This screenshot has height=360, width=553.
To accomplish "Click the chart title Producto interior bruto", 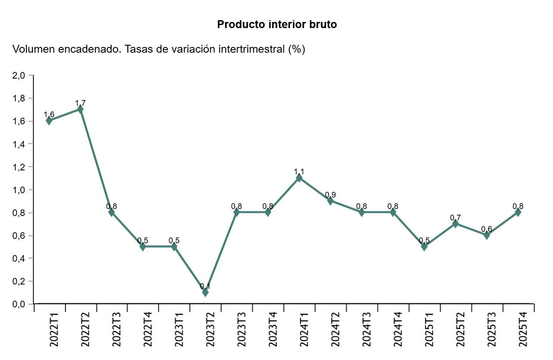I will [x=277, y=25].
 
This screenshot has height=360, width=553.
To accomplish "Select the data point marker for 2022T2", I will [x=80, y=109].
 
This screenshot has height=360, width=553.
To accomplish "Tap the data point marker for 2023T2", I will [x=205, y=292].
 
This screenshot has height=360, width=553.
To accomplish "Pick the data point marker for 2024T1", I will [x=299, y=178].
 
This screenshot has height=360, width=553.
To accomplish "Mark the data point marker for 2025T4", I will [x=518, y=212].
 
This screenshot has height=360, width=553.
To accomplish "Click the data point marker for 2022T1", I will [x=49, y=120].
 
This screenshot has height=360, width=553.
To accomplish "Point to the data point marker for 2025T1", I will [x=424, y=246].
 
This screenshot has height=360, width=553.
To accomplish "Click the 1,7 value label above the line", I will [x=80, y=103].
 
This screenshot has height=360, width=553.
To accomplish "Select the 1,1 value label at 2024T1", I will [x=299, y=172].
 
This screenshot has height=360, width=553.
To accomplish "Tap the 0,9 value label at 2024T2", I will [x=330, y=195].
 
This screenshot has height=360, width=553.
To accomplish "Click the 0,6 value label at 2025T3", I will [x=487, y=229].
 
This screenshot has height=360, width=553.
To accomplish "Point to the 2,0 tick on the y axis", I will [x=19, y=76].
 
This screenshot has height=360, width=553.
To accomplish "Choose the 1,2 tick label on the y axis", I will [x=19, y=167].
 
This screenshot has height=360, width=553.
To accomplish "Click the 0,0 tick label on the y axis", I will [x=19, y=304].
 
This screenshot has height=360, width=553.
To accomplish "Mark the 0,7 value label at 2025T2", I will [x=455, y=218].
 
